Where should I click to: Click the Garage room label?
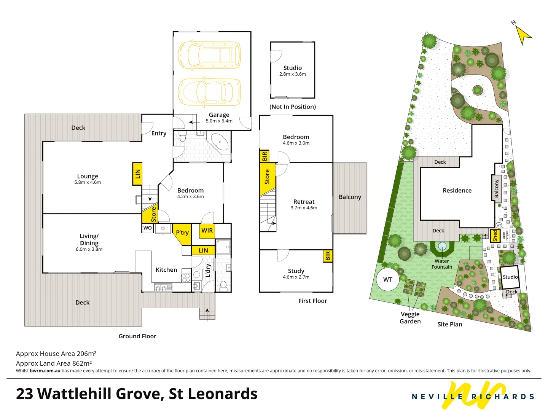[x=219, y=115]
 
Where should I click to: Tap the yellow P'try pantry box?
[x=182, y=233]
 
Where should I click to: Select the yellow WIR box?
[x=207, y=231]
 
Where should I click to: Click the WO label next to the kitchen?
[x=147, y=228]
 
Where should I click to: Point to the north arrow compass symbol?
[x=523, y=34]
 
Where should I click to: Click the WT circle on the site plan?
[x=387, y=279]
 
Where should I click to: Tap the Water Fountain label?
[x=442, y=264]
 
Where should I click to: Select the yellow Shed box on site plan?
[x=495, y=236]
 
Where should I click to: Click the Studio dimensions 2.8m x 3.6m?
[x=292, y=74]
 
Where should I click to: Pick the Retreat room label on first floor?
[x=304, y=202]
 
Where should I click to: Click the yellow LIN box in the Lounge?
[x=137, y=174]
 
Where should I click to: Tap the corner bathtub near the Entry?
[x=220, y=142]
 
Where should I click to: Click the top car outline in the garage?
[x=210, y=55]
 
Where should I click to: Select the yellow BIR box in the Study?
[x=328, y=256]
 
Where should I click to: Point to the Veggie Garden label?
[x=410, y=317]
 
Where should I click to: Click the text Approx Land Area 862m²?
[x=54, y=363]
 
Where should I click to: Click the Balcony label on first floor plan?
[x=350, y=197]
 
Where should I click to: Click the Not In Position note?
[x=292, y=107]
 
